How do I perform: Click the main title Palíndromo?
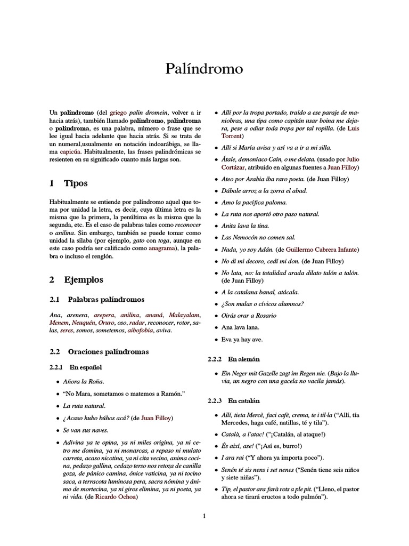pos(204,69)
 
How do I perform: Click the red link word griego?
pos(119,113)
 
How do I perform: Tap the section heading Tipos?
pos(76,183)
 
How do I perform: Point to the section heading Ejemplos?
pos(83,279)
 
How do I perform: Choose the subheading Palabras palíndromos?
pos(105,300)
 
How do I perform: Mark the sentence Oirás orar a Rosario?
pos(249,315)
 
